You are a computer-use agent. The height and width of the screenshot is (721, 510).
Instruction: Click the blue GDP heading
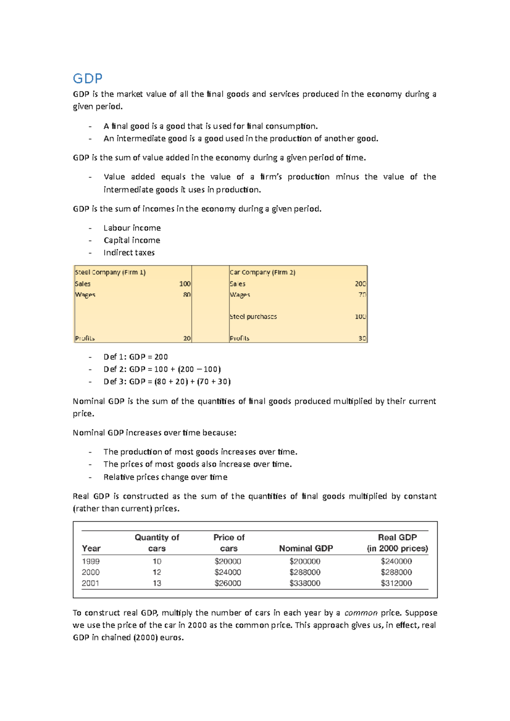(88, 79)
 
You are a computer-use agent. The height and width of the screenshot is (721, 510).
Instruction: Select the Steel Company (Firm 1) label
(110, 272)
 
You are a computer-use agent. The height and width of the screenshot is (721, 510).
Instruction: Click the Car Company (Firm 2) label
(262, 272)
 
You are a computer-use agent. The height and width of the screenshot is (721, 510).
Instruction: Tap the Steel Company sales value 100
(184, 284)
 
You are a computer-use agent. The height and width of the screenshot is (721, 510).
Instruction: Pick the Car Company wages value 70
(362, 295)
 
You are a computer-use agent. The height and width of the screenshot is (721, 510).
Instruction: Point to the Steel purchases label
(253, 316)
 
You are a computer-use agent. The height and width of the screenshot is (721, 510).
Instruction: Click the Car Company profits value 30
(362, 338)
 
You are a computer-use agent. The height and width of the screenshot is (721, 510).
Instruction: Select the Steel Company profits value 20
(187, 338)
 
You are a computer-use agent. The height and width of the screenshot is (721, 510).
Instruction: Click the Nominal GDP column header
(306, 548)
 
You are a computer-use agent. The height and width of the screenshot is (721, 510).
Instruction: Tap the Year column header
(91, 548)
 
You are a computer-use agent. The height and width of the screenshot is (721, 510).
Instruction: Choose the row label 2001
(91, 583)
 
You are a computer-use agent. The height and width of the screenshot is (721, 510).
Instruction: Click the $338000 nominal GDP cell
(305, 583)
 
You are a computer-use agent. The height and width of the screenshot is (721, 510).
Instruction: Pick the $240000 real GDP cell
(396, 561)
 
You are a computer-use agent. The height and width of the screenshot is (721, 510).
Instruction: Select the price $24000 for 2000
(228, 572)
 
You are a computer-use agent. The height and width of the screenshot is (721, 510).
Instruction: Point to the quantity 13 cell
(157, 583)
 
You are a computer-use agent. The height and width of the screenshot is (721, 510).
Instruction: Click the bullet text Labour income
(132, 228)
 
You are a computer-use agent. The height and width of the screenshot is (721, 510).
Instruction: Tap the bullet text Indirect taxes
(129, 253)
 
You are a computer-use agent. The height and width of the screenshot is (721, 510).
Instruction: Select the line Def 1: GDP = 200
(136, 357)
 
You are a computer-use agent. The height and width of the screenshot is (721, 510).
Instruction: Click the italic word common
(361, 613)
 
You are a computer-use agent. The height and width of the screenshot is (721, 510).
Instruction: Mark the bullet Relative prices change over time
(165, 477)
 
